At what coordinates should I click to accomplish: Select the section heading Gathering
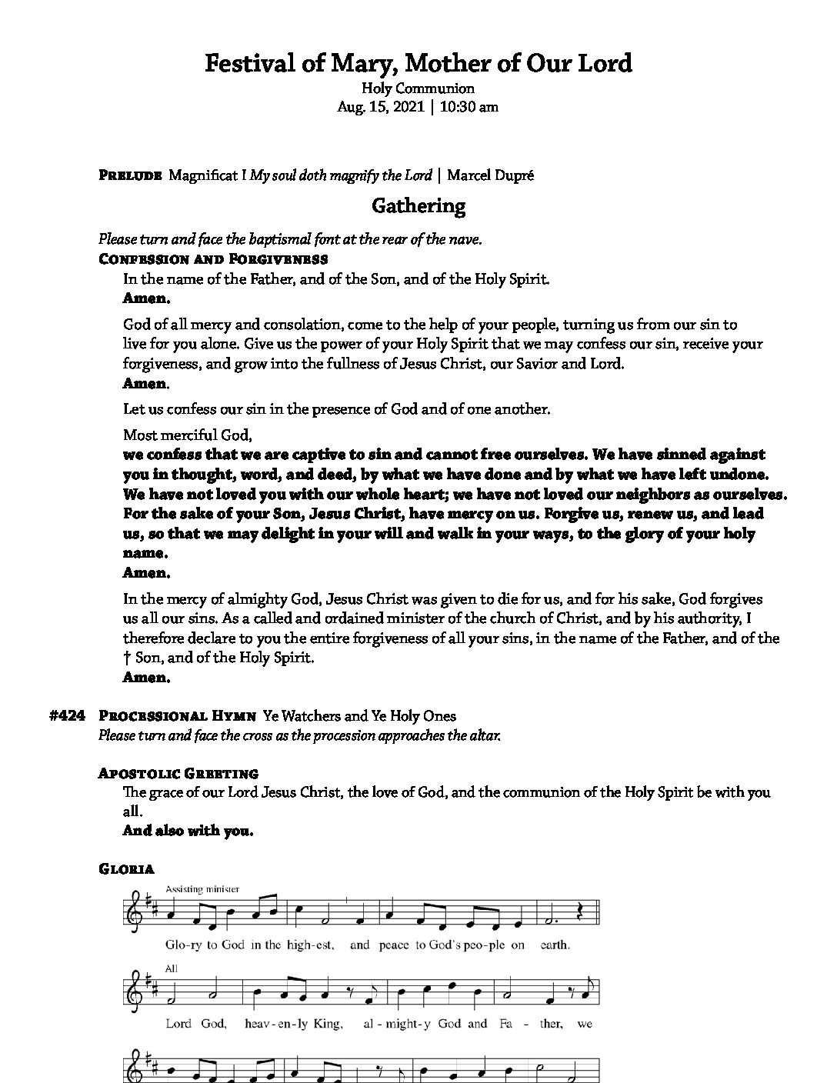[418, 206]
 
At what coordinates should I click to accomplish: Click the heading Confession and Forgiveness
[214, 259]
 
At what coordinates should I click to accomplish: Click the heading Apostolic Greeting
[178, 773]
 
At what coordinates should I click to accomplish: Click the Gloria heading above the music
[127, 869]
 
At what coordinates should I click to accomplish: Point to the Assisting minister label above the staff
[202, 889]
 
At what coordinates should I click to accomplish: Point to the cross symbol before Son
[127, 658]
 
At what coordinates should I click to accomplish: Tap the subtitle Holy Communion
[418, 88]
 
